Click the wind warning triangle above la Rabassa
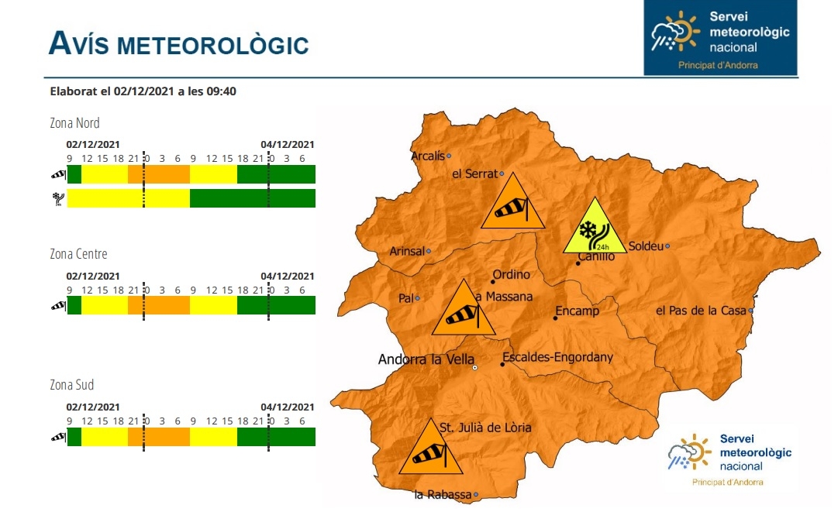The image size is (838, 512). [430, 451]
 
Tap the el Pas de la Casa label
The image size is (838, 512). [701, 311]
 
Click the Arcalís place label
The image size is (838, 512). [428, 156]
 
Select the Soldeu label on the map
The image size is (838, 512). [645, 246]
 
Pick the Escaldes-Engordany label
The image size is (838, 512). [557, 357]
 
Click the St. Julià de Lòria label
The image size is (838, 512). [485, 428]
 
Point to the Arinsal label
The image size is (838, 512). [406, 251]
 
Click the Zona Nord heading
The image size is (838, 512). [74, 122]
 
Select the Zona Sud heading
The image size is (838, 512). [71, 385]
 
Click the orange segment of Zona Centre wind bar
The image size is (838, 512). [159, 305]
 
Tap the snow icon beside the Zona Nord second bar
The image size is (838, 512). [57, 198]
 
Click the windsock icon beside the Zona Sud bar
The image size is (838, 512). [58, 437]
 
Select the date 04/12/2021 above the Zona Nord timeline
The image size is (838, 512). [287, 144]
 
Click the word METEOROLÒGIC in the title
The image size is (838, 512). [213, 46]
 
